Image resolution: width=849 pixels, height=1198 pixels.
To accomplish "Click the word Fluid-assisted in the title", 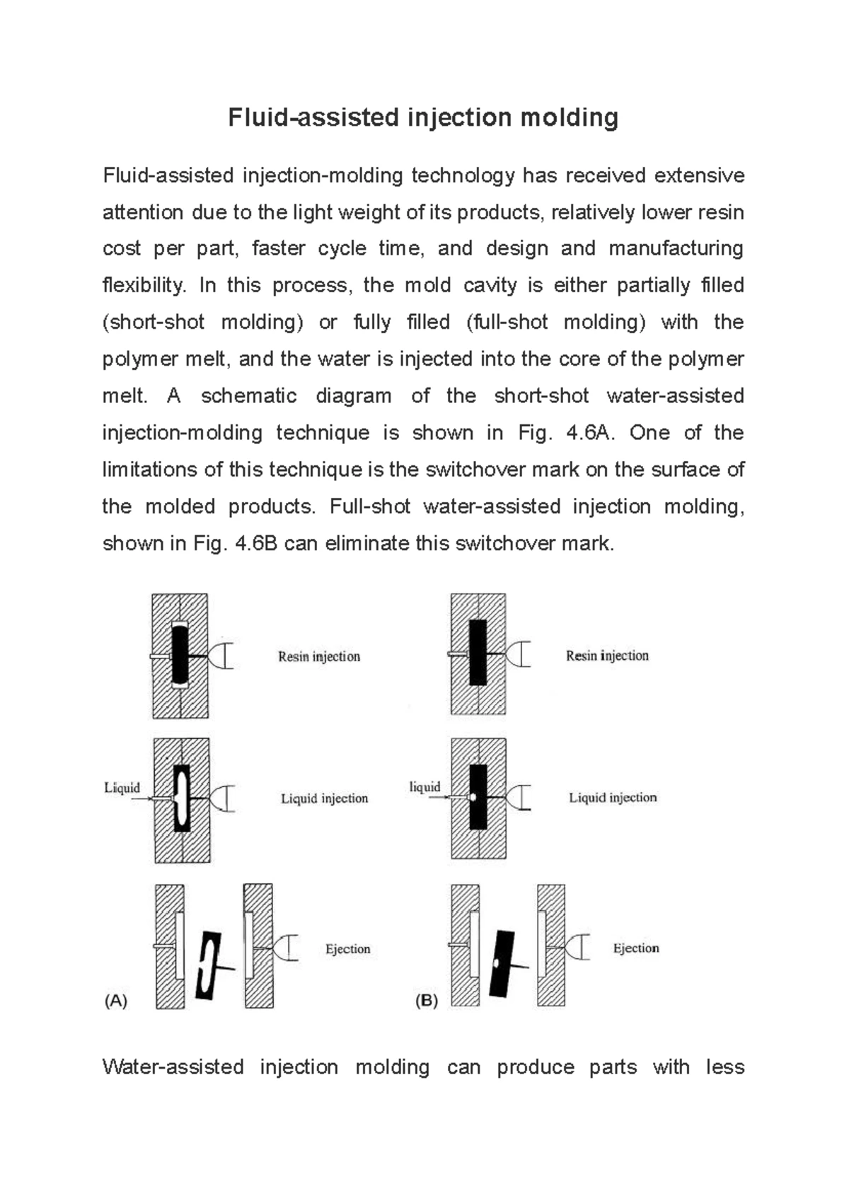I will [313, 117].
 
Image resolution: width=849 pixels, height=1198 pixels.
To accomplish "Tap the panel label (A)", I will [115, 1001].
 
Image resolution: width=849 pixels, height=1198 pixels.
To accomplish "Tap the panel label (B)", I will [427, 1001].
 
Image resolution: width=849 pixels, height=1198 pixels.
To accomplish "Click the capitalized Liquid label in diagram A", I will [122, 788].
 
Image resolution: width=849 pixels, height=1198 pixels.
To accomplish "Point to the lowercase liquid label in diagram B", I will [424, 786].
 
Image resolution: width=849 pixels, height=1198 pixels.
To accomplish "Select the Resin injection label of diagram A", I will [319, 656].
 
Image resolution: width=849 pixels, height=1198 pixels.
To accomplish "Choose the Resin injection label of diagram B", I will [607, 656].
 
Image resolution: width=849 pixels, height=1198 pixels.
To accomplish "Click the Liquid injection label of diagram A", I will [325, 798].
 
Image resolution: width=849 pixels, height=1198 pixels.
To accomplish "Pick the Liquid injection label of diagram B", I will [613, 798].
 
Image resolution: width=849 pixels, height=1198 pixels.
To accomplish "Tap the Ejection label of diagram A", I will [347, 949].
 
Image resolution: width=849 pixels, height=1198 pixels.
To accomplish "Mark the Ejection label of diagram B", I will [635, 948].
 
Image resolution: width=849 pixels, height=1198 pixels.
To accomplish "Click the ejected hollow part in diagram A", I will [209, 966].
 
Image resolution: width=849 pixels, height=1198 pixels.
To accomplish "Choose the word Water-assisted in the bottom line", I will [173, 1066].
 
